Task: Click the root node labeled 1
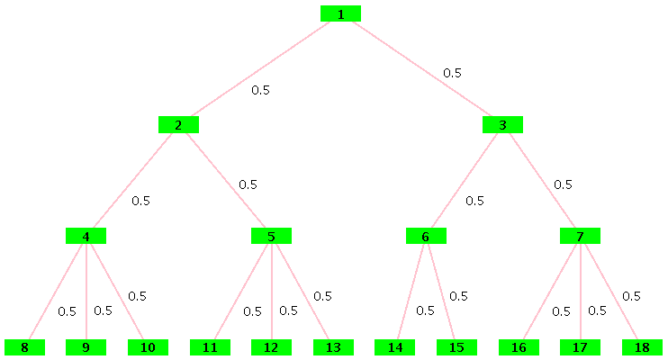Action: pyautogui.click(x=340, y=13)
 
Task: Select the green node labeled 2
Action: pyautogui.click(x=178, y=125)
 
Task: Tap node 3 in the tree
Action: pyautogui.click(x=502, y=125)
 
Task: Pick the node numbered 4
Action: pyautogui.click(x=86, y=237)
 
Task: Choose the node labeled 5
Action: pyautogui.click(x=271, y=237)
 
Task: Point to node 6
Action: pyautogui.click(x=426, y=237)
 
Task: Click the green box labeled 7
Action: pyautogui.click(x=580, y=237)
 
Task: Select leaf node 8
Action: pyautogui.click(x=24, y=347)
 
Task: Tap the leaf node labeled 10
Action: pyautogui.click(x=148, y=347)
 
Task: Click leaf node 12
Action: pyautogui.click(x=271, y=347)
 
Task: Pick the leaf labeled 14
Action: pyautogui.click(x=394, y=347)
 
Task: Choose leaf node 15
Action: pyautogui.click(x=456, y=347)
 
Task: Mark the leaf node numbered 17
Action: pyautogui.click(x=580, y=347)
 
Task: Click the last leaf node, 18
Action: pyautogui.click(x=642, y=347)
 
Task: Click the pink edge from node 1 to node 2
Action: pyautogui.click(x=259, y=69)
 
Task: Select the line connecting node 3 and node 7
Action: pyautogui.click(x=541, y=181)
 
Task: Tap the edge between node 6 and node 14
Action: pyautogui.click(x=410, y=292)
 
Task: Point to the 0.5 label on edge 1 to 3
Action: pyautogui.click(x=452, y=73)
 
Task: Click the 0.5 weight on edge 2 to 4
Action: pyautogui.click(x=140, y=201)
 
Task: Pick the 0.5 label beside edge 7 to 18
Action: pyautogui.click(x=631, y=296)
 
